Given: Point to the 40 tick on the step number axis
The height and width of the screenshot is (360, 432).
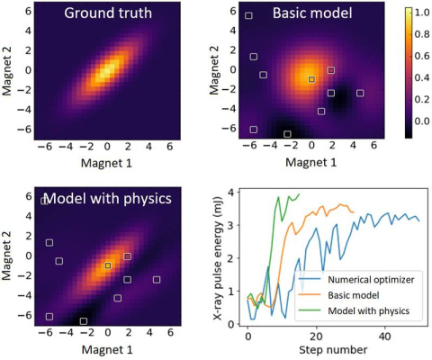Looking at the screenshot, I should pos(384,336).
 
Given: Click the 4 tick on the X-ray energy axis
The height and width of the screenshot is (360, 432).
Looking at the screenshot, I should pos(233,193).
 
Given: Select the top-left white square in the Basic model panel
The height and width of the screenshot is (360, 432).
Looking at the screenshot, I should pos(249,16).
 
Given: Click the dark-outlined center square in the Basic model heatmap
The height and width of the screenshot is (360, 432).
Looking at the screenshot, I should pos(311,79).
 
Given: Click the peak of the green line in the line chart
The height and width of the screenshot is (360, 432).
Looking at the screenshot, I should pos(278,196).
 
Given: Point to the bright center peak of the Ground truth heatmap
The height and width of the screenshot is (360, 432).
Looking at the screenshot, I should pos(107,69).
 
